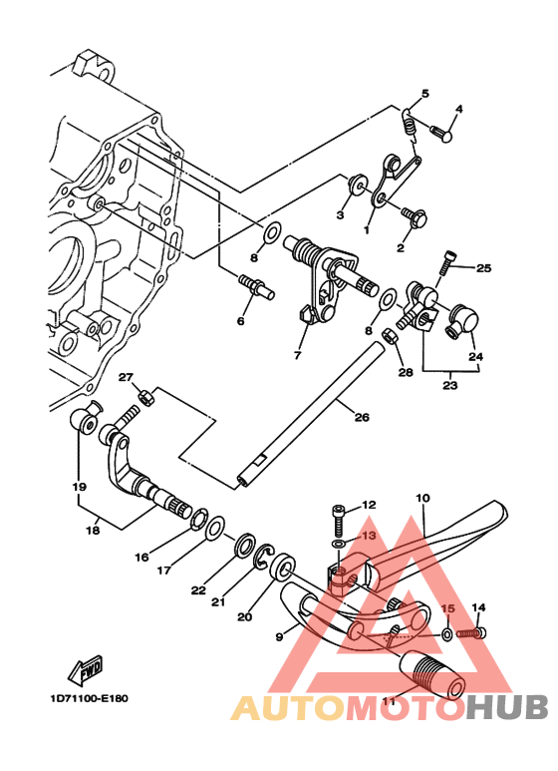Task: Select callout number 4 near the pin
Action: (x=459, y=109)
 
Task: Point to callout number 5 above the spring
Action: (x=424, y=94)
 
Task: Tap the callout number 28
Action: (x=404, y=372)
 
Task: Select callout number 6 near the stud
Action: (x=240, y=321)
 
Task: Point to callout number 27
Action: (x=127, y=376)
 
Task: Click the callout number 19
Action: (x=79, y=488)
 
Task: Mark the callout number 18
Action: (x=93, y=530)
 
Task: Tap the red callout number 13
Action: (x=370, y=536)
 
